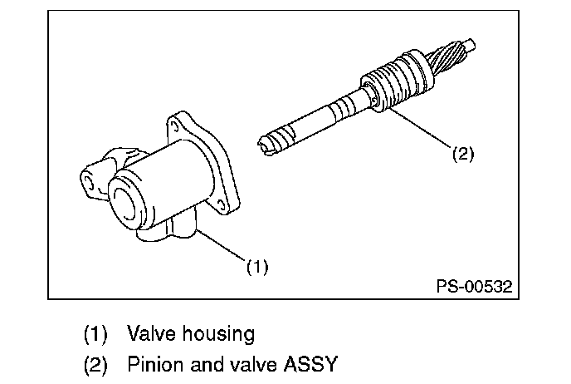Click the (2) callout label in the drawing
coord(463,154)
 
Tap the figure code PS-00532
coord(474,287)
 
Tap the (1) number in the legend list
coord(96,335)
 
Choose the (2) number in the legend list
coord(96,364)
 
